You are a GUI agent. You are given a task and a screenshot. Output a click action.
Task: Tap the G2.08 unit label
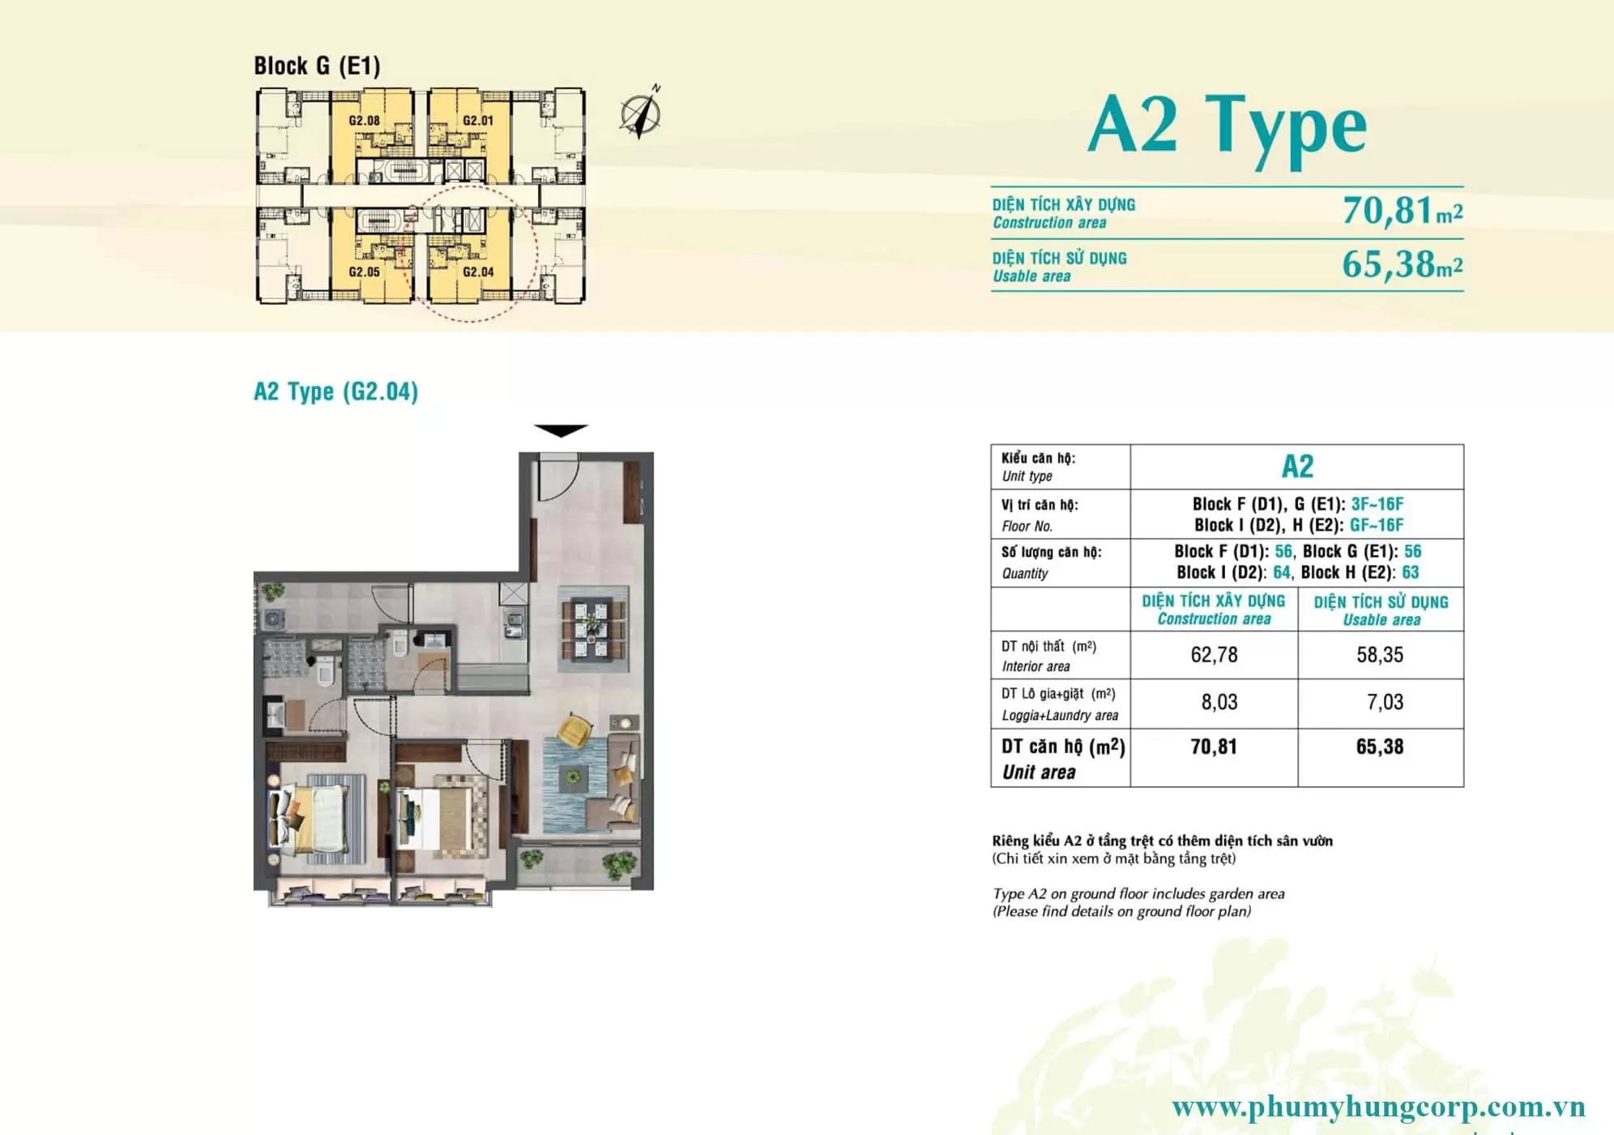[x=364, y=121]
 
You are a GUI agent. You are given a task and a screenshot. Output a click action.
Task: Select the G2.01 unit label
[x=478, y=121]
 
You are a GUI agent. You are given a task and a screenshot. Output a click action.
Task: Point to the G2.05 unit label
[x=364, y=272]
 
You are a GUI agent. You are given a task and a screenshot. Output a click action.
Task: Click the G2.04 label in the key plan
[x=478, y=272]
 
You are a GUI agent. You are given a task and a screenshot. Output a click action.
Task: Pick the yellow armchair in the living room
[x=574, y=729]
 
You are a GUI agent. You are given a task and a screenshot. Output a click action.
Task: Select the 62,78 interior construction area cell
[x=1214, y=655]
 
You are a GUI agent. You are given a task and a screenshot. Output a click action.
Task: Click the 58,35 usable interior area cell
[x=1380, y=655]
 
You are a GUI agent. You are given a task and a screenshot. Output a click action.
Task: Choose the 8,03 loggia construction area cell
[x=1219, y=702]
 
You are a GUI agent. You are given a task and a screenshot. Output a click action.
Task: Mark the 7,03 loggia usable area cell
[x=1385, y=702]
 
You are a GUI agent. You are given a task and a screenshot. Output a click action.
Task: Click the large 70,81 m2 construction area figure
[x=1403, y=211]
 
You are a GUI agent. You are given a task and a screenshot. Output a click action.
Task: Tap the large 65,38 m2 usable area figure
[x=1403, y=264]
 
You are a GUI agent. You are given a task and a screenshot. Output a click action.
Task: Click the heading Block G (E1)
[x=317, y=66]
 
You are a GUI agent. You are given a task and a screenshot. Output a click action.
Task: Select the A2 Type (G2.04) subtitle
[x=335, y=392]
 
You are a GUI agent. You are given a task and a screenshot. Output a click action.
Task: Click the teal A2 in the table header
[x=1297, y=466]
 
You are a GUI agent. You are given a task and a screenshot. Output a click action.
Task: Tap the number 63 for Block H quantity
[x=1411, y=572]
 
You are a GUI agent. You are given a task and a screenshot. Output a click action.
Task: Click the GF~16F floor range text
[x=1377, y=525]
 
